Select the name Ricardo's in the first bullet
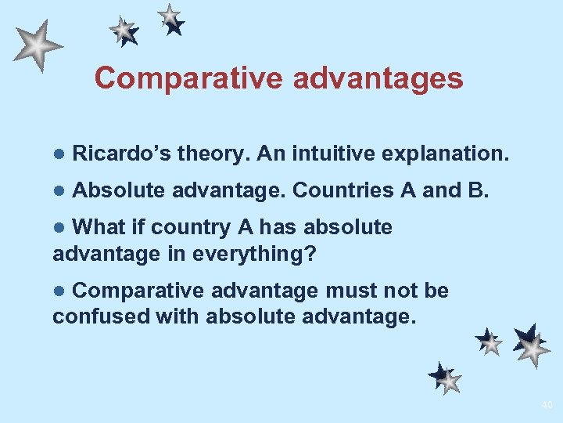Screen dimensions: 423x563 121,154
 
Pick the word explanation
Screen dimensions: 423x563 446,154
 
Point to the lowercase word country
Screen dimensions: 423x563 191,227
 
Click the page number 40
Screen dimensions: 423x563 546,405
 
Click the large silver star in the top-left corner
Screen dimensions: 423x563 36,45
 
